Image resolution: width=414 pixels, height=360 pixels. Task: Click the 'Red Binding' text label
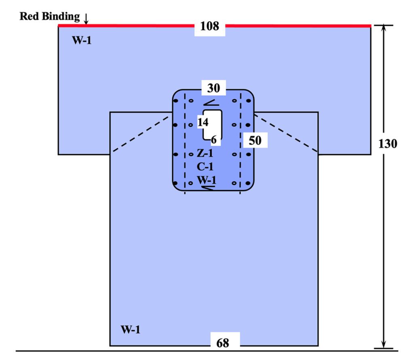tap(50, 17)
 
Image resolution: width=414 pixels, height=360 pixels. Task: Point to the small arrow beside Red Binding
tap(86, 18)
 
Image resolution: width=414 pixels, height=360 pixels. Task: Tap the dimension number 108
tap(209, 27)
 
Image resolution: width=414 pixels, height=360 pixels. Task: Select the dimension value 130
tap(388, 144)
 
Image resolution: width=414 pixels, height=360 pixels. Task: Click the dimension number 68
tap(222, 343)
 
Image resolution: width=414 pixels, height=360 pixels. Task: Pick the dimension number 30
tap(213, 87)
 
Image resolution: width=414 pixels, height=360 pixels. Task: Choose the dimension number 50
tap(255, 141)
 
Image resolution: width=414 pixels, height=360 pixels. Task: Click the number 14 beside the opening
tap(203, 122)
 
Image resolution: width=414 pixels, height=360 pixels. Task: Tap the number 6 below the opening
tap(214, 140)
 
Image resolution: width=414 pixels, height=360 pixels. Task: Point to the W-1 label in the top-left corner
tap(82, 41)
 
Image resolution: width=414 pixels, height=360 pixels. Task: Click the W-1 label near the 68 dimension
tap(131, 329)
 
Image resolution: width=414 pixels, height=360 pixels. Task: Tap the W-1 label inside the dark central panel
tap(206, 180)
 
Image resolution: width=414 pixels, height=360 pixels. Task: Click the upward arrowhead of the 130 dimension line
tap(383, 29)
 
